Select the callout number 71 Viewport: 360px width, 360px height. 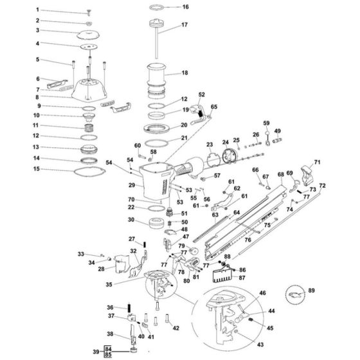point(317,163)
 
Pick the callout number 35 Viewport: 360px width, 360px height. point(109,283)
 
